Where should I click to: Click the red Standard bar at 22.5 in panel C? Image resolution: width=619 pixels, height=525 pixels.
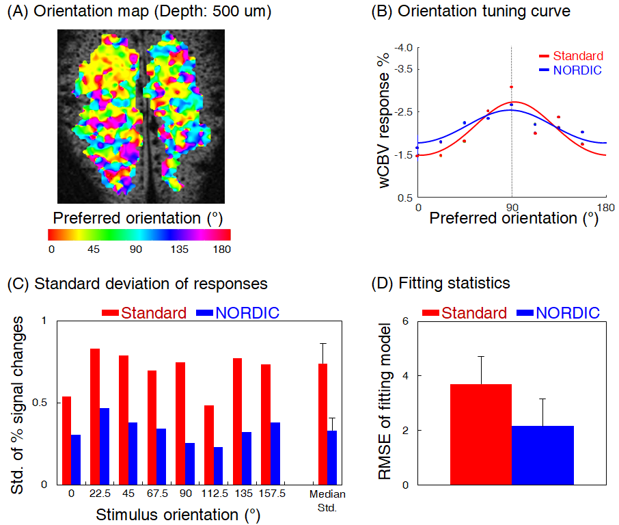95,416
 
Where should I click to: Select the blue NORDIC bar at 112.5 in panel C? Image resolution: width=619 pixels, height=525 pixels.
218,466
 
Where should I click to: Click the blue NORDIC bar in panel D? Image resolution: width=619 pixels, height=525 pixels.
542,455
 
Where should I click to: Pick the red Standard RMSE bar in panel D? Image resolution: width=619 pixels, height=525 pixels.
481,435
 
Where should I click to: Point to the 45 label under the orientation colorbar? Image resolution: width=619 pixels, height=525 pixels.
94,250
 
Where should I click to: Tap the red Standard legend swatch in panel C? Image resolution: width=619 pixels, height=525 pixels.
111,313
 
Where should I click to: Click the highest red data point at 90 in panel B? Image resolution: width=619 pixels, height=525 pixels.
511,87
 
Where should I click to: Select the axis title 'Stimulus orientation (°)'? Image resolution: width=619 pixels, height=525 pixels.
178,513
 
